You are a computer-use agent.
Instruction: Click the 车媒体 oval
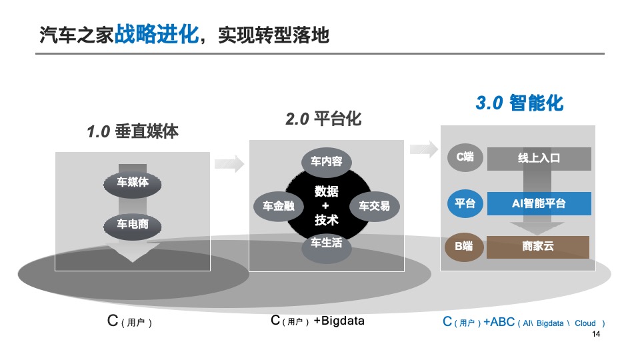pyautogui.click(x=132, y=182)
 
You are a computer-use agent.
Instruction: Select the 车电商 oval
pyautogui.click(x=132, y=225)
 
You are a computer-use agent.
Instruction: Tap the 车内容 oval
pyautogui.click(x=327, y=161)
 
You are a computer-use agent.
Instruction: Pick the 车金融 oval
pyautogui.click(x=274, y=206)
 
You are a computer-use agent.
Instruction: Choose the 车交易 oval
pyautogui.click(x=374, y=206)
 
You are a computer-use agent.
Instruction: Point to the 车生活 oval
pyautogui.click(x=327, y=243)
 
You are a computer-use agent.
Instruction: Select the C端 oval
pyautogui.click(x=465, y=157)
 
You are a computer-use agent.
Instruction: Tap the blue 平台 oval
pyautogui.click(x=465, y=203)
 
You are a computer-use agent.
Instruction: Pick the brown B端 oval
pyautogui.click(x=465, y=247)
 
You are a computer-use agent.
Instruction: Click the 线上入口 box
pyautogui.click(x=539, y=159)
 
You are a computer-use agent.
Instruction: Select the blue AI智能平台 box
pyautogui.click(x=539, y=203)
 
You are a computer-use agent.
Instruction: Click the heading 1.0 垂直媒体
pyautogui.click(x=133, y=131)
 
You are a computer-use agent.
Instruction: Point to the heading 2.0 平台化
pyautogui.click(x=323, y=119)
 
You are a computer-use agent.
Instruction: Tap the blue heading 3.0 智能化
pyautogui.click(x=519, y=103)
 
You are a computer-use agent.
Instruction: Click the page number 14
pyautogui.click(x=596, y=334)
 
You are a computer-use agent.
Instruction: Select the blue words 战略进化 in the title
pyautogui.click(x=157, y=33)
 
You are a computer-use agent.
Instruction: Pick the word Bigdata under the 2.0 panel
pyautogui.click(x=343, y=321)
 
